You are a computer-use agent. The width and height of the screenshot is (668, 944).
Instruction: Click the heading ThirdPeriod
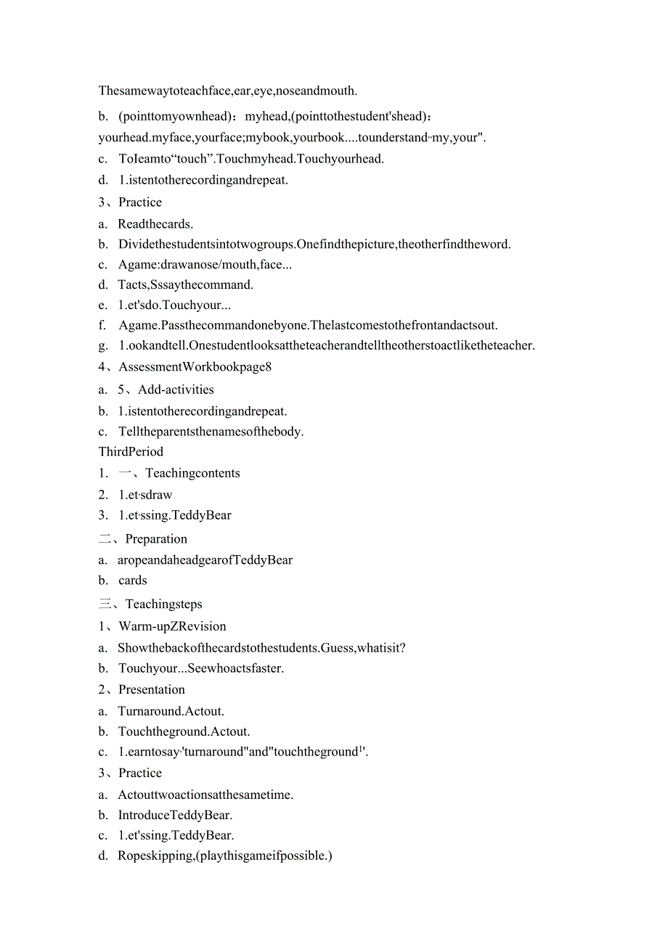tap(131, 451)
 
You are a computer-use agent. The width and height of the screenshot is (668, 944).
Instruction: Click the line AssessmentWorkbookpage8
tap(195, 366)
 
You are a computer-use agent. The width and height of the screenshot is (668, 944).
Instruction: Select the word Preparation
tap(156, 539)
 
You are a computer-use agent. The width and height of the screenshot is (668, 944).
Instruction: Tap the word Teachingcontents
tap(192, 473)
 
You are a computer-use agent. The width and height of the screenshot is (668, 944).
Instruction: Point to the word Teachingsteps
tap(163, 604)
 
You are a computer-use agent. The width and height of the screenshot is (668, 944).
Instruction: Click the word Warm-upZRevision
tap(172, 626)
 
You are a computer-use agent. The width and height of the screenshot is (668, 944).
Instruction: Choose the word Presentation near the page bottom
tap(152, 689)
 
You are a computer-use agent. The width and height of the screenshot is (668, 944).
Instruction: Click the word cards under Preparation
tap(133, 580)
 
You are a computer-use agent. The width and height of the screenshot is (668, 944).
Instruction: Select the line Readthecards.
tap(155, 224)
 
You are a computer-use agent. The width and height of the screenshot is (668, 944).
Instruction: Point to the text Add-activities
tap(176, 390)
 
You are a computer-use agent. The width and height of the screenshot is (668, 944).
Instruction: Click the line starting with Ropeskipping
tap(224, 855)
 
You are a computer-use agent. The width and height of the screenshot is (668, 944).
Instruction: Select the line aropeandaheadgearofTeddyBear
tap(205, 560)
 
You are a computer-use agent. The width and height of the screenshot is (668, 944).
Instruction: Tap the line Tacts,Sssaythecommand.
tap(185, 284)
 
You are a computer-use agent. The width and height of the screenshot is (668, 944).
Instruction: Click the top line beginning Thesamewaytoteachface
tap(228, 91)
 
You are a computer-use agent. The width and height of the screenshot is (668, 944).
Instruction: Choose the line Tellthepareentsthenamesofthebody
tap(211, 432)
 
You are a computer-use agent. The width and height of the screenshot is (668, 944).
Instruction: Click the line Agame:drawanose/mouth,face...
tap(205, 265)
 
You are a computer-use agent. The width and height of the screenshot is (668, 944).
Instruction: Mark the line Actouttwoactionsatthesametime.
tap(205, 795)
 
